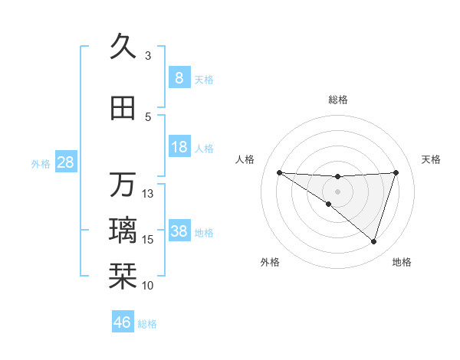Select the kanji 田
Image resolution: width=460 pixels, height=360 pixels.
[123, 108]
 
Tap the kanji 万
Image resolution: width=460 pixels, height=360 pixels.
[123, 185]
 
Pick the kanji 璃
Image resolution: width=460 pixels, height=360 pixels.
[123, 231]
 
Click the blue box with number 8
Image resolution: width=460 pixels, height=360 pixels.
[179, 77]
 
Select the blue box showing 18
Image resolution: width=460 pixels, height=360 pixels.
[179, 147]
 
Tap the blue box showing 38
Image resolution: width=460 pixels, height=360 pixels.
[179, 231]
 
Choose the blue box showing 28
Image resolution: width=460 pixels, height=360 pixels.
[65, 162]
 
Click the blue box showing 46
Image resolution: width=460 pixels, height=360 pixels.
[123, 322]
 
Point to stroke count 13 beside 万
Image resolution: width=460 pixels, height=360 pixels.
[148, 194]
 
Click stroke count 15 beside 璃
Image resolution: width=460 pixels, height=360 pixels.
[148, 240]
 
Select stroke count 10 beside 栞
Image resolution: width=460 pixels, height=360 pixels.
[148, 286]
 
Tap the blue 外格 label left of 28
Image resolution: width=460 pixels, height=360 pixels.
[41, 163]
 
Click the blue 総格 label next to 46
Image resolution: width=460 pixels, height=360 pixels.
[147, 324]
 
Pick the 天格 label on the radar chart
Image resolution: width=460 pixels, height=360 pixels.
[432, 159]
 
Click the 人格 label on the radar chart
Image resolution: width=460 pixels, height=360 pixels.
[245, 159]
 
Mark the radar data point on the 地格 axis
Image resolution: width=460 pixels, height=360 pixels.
[374, 242]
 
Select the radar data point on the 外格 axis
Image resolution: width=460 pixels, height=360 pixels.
[329, 204]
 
